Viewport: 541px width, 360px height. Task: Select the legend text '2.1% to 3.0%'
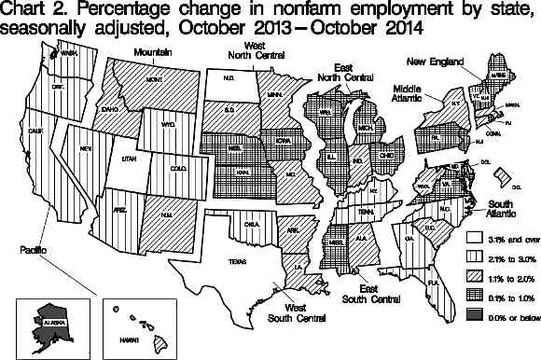(x=509, y=259)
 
